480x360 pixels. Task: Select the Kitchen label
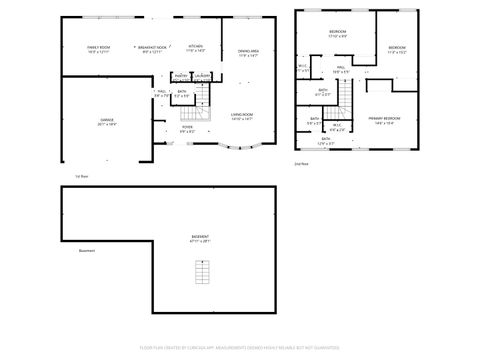196,47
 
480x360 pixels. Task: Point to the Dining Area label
248,53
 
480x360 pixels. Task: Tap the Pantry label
180,76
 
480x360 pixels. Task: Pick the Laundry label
202,76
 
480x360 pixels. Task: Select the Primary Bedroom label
383,120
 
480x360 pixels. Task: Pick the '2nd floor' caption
301,162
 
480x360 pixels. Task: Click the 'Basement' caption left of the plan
87,251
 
